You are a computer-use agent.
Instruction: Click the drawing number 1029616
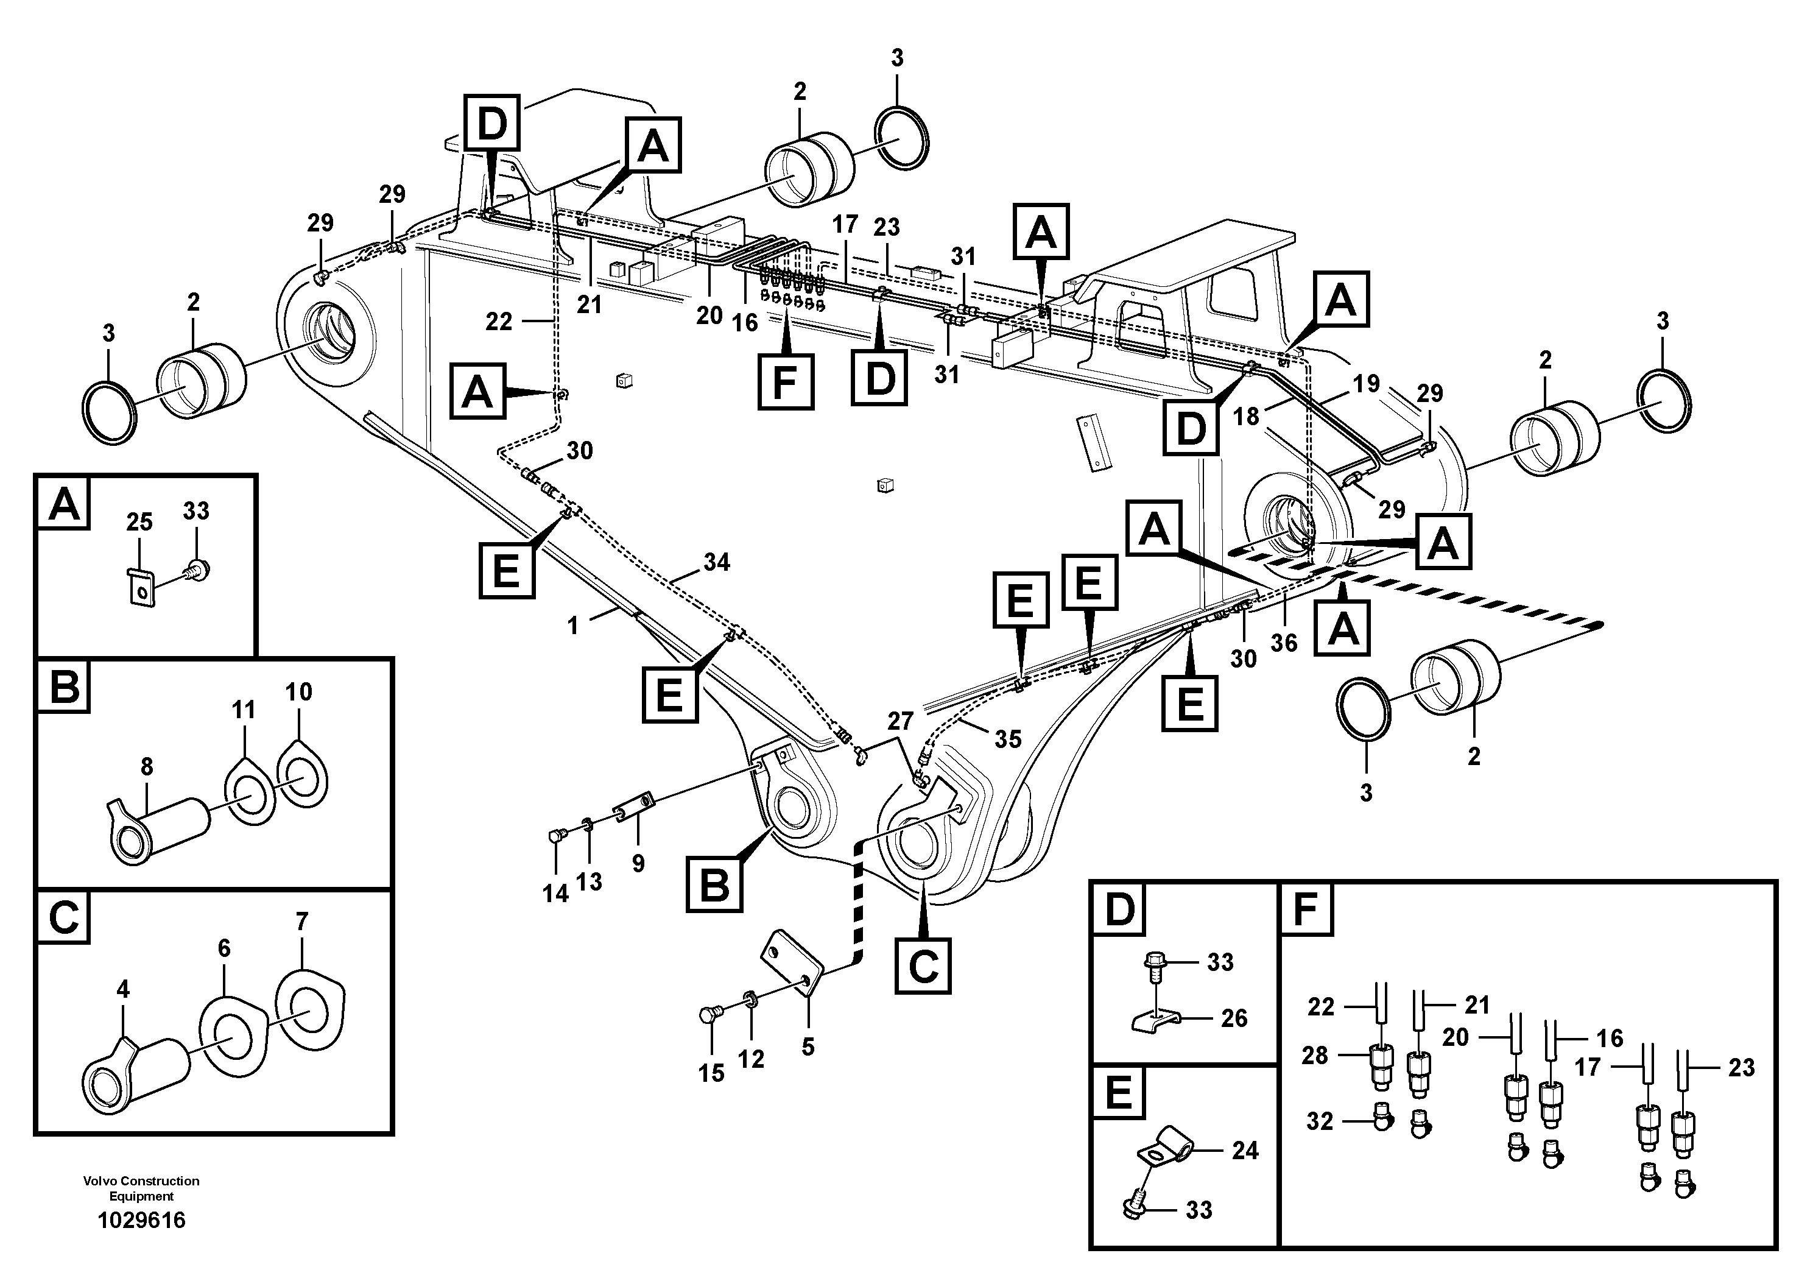(x=141, y=1220)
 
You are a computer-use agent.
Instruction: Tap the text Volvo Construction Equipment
(x=141, y=1188)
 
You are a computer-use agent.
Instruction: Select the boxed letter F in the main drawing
(x=785, y=383)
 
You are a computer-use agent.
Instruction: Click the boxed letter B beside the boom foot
(x=714, y=884)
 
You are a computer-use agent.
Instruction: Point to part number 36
(x=1283, y=643)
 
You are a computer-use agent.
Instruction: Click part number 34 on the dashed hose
(x=716, y=562)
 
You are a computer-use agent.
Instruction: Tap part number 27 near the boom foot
(x=900, y=721)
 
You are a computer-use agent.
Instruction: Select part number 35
(x=1007, y=739)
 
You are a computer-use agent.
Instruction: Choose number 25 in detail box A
(x=139, y=521)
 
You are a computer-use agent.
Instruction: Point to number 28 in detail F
(x=1315, y=1054)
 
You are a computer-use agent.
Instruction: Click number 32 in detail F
(x=1320, y=1121)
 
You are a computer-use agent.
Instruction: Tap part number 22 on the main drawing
(x=498, y=322)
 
